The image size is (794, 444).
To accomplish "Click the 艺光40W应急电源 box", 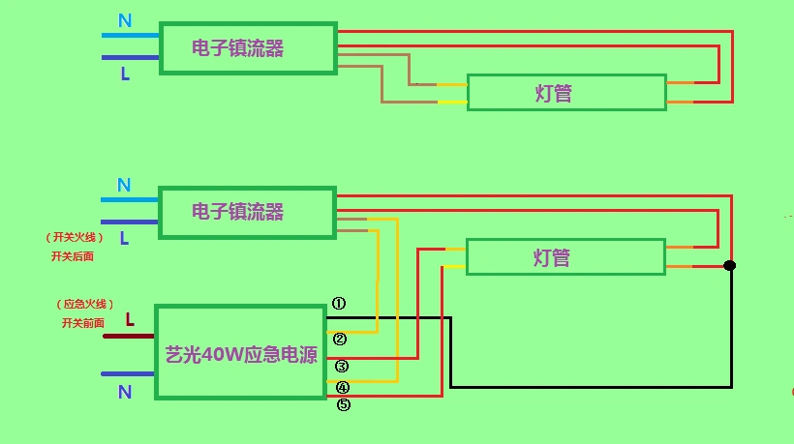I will [240, 353].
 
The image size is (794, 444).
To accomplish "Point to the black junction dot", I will [730, 265].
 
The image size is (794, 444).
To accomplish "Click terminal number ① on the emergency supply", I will [339, 303].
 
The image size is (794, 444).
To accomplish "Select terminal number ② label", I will [340, 339].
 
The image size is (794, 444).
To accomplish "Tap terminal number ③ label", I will [342, 366].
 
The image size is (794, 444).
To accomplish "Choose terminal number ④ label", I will [343, 388].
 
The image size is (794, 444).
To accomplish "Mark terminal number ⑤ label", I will [343, 405].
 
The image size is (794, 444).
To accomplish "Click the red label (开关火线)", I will [73, 237].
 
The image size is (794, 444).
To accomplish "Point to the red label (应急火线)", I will [85, 303].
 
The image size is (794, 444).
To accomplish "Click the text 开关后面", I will [73, 256].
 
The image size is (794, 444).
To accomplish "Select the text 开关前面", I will [82, 323].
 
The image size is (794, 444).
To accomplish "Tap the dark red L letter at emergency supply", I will [130, 318].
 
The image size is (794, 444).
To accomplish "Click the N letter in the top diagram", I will [125, 21].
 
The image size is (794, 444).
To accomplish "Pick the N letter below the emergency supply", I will [125, 392].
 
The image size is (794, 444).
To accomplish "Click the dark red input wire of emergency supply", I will [129, 337].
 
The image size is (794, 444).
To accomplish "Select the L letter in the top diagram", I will [125, 74].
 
